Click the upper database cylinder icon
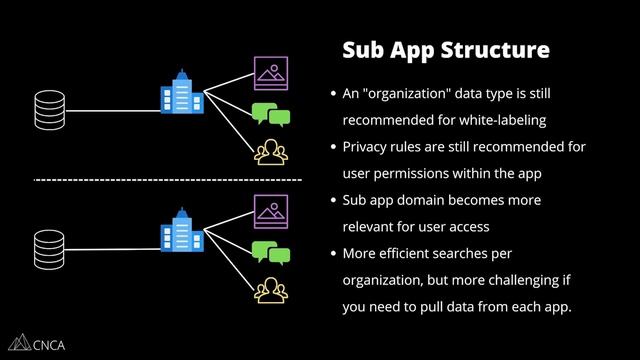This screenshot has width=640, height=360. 48,104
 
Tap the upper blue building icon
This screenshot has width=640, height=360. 181,92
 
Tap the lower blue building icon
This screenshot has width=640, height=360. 181,231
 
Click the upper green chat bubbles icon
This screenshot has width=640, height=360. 270,114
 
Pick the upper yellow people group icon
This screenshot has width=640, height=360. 269,151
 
